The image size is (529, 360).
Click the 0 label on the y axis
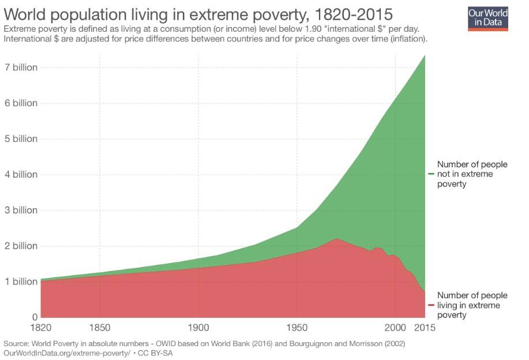[35, 317]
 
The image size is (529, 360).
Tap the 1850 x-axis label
[100, 328]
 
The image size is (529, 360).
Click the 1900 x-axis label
[198, 328]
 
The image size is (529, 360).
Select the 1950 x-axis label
[297, 328]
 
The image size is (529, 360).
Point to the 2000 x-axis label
[395, 328]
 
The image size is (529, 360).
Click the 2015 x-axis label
[426, 328]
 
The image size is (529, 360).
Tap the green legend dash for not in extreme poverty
[431, 174]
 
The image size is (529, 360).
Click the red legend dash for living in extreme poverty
[431, 305]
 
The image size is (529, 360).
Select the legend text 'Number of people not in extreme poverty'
[472, 174]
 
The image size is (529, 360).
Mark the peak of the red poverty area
[336, 239]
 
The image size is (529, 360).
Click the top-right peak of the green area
[425, 56]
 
